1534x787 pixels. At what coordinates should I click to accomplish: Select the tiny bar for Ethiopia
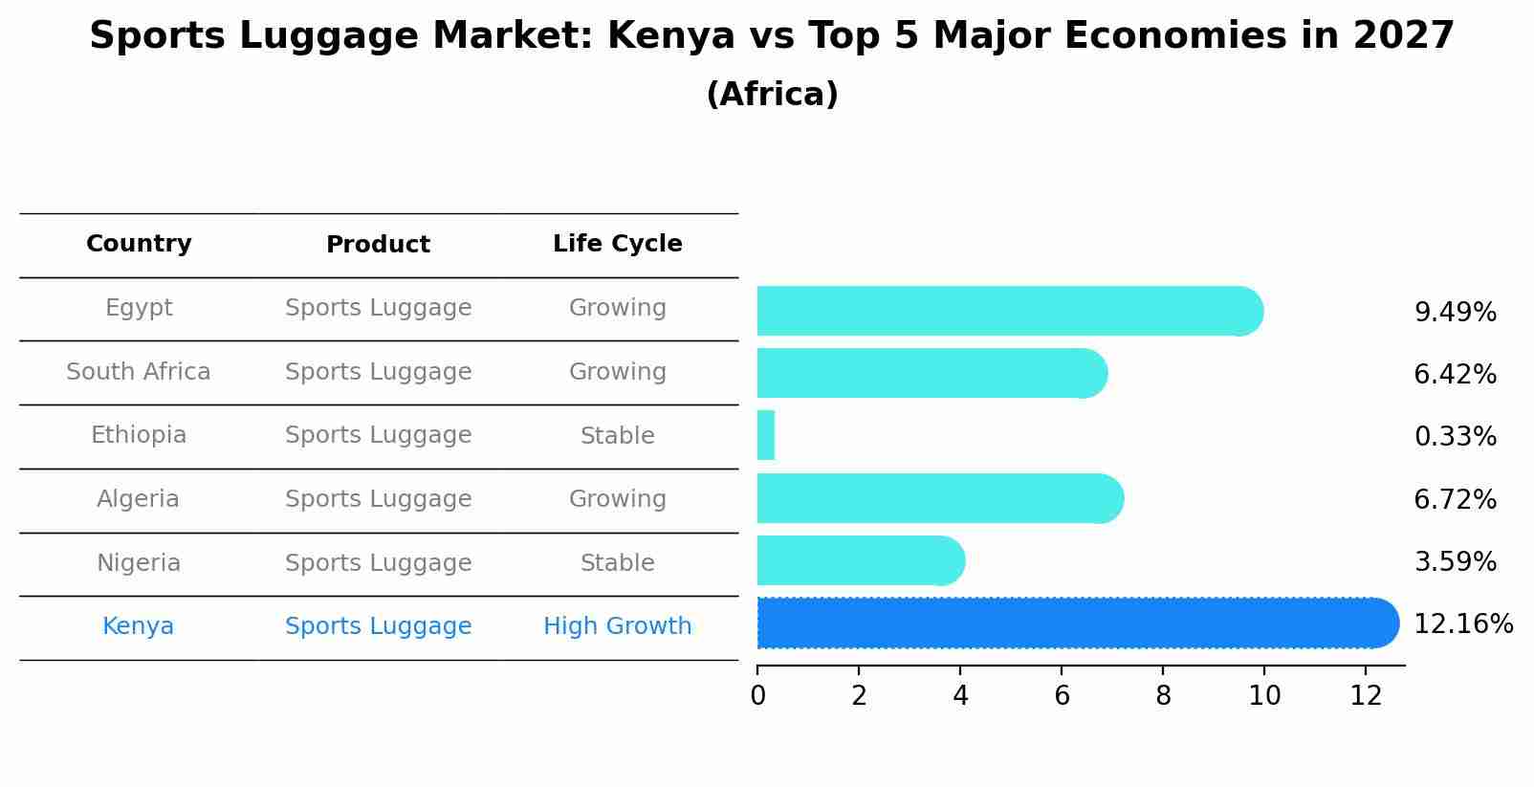pyautogui.click(x=766, y=436)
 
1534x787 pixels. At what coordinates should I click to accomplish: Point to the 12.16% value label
pyautogui.click(x=1462, y=624)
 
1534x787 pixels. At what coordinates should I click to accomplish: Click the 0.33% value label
pyautogui.click(x=1455, y=437)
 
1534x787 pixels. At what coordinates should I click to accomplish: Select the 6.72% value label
pyautogui.click(x=1455, y=499)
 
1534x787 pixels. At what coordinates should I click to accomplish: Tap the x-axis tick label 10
pyautogui.click(x=1264, y=696)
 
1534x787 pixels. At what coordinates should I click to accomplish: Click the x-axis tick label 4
pyautogui.click(x=960, y=696)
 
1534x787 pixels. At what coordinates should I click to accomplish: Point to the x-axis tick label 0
pyautogui.click(x=757, y=696)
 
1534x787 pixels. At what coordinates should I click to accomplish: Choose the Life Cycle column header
pyautogui.click(x=617, y=244)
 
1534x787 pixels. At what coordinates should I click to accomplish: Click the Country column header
pyautogui.click(x=139, y=244)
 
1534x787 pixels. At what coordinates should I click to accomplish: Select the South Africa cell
pyautogui.click(x=139, y=372)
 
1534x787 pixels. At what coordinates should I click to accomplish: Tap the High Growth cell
pyautogui.click(x=617, y=626)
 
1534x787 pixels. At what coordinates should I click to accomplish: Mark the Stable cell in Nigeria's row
pyautogui.click(x=617, y=563)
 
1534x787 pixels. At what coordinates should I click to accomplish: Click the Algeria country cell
pyautogui.click(x=139, y=499)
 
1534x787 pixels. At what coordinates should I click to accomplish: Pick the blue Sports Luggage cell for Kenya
pyautogui.click(x=378, y=626)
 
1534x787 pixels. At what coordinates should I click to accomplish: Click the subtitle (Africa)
pyautogui.click(x=772, y=95)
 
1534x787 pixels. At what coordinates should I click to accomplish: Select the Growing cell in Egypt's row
pyautogui.click(x=617, y=308)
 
